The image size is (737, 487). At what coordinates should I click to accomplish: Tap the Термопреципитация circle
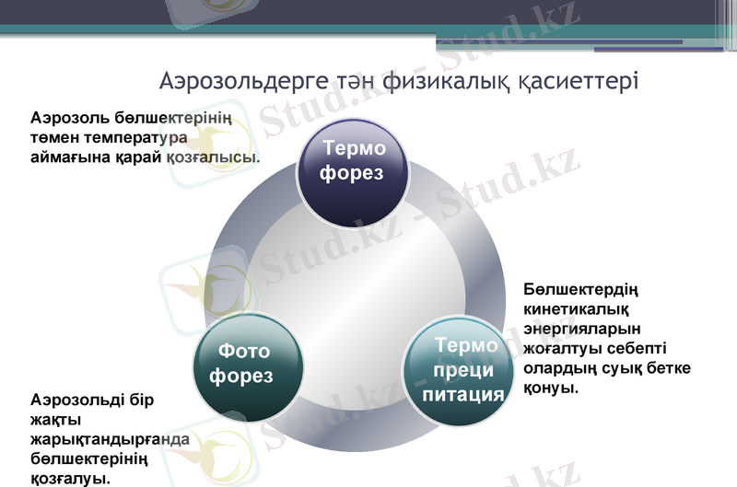click(464, 369)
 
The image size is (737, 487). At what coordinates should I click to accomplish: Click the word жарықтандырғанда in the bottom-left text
click(110, 439)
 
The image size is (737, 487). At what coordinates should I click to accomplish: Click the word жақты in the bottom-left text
click(54, 420)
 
